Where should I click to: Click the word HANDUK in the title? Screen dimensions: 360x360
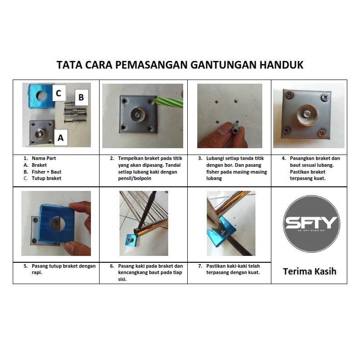281,65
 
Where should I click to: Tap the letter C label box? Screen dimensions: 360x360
59,93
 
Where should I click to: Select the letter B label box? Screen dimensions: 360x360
81,97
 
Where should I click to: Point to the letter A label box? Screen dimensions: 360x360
60,138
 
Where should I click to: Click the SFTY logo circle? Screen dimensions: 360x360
311,224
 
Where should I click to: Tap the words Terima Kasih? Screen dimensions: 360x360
310,271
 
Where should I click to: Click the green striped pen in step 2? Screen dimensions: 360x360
169,102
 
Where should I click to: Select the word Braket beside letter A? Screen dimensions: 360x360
39,165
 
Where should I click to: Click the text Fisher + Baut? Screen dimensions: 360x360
46,172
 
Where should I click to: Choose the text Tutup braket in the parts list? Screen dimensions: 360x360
46,178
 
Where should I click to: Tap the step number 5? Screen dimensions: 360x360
26,266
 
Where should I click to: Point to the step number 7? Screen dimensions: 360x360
200,266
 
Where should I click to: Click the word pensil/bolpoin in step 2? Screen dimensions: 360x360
135,178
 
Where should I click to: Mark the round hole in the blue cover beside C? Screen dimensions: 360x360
41,95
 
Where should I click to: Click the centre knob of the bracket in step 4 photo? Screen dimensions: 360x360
307,115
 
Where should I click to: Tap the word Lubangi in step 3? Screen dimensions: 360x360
215,159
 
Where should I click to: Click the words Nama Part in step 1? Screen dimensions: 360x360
44,158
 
